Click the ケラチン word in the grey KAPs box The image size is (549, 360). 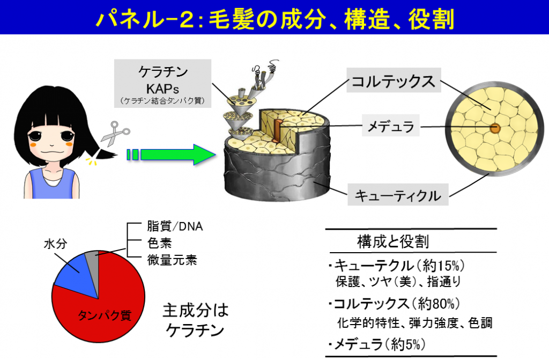161,73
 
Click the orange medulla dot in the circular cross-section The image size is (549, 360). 494,129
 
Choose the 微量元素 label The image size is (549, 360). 172,261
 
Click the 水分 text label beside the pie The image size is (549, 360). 55,244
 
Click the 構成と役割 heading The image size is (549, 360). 393,241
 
